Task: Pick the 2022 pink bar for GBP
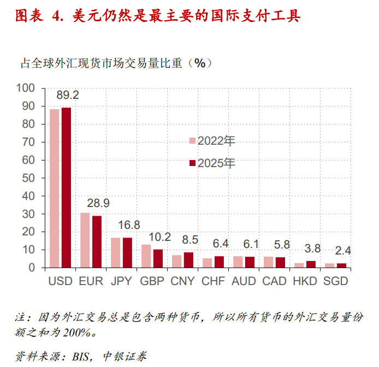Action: (146, 256)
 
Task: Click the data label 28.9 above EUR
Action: (98, 203)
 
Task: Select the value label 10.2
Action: (160, 237)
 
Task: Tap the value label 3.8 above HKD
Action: (312, 248)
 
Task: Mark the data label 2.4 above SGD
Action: (343, 251)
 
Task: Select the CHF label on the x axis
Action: (213, 281)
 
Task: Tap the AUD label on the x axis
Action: (244, 281)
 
